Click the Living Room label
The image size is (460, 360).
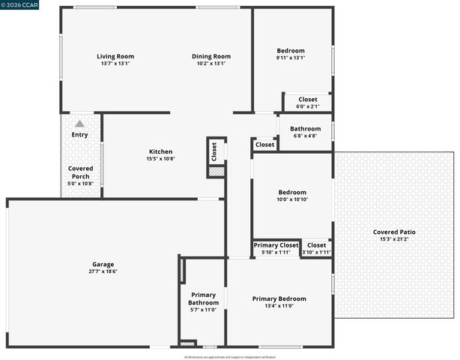click(115, 56)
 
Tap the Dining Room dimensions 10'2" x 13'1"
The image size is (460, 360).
click(211, 64)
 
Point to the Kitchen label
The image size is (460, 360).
click(160, 151)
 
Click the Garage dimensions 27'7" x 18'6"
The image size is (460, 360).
click(103, 271)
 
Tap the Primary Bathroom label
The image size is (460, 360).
click(203, 298)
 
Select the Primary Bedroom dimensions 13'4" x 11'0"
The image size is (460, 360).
click(279, 306)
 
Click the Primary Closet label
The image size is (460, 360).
click(276, 245)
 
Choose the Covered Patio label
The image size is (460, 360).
click(394, 232)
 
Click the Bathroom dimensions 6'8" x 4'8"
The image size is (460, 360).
click(305, 136)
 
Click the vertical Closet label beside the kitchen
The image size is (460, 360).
click(214, 152)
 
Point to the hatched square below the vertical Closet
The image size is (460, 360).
click(216, 172)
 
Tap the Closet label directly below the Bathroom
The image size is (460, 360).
click(265, 145)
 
